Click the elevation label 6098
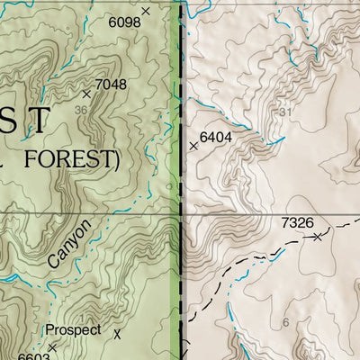124,20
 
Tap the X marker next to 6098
147,12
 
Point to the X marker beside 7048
87,93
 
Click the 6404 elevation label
216,137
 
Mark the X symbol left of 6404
193,145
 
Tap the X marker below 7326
317,237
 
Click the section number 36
82,111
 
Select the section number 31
287,112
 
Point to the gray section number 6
285,322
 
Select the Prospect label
73,330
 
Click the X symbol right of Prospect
117,333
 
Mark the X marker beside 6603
52,346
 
